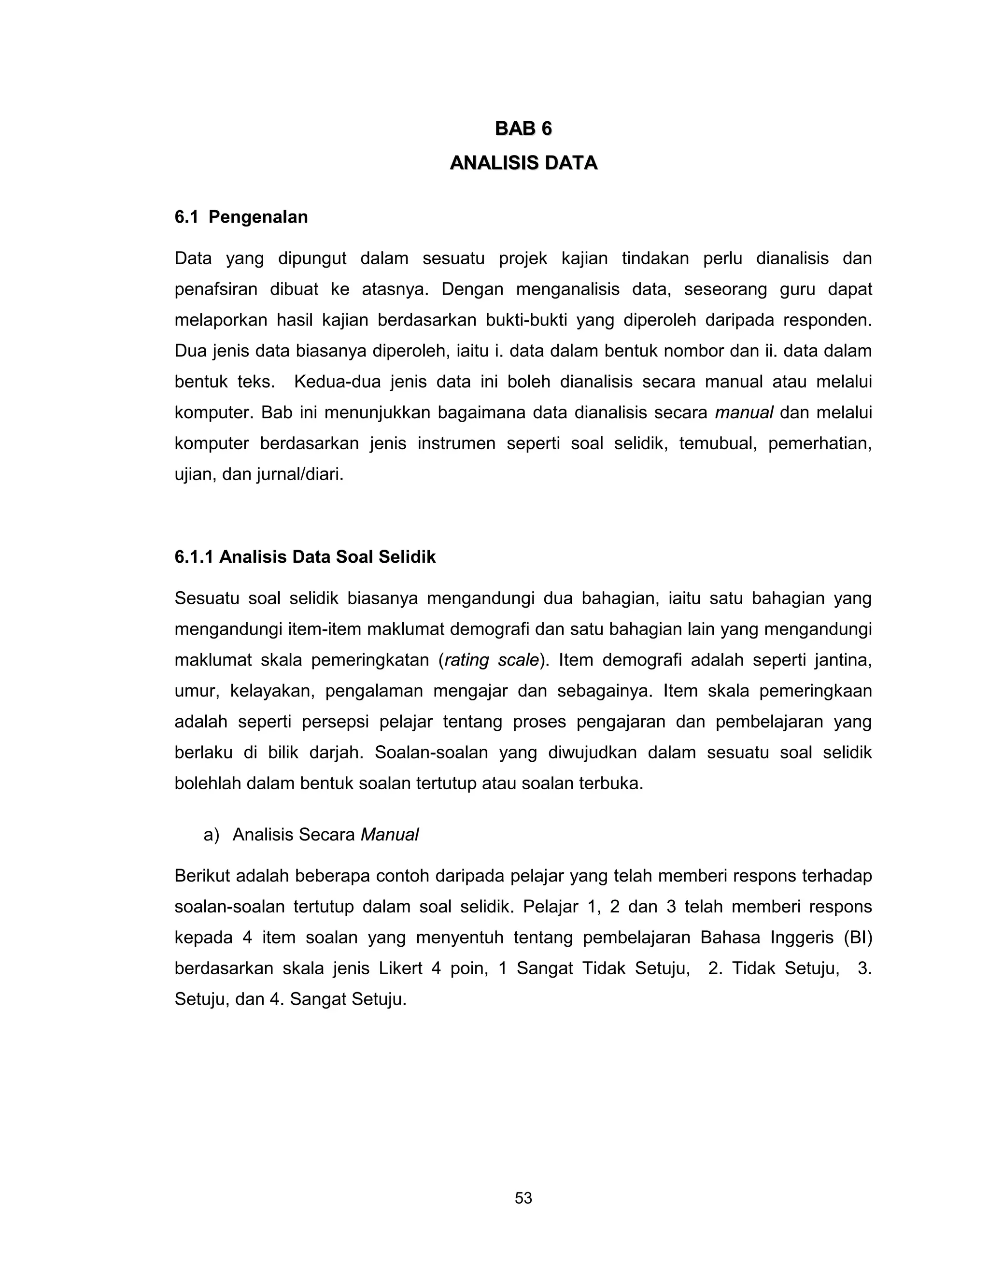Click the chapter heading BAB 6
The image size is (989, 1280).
523,128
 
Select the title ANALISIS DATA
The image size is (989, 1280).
523,162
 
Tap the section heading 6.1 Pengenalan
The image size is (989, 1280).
241,217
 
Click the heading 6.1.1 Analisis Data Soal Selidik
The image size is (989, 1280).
305,557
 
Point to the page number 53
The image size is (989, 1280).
523,1198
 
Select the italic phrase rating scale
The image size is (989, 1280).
491,660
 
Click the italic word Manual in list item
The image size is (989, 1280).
389,835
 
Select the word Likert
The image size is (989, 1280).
400,968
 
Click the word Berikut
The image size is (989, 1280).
200,876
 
